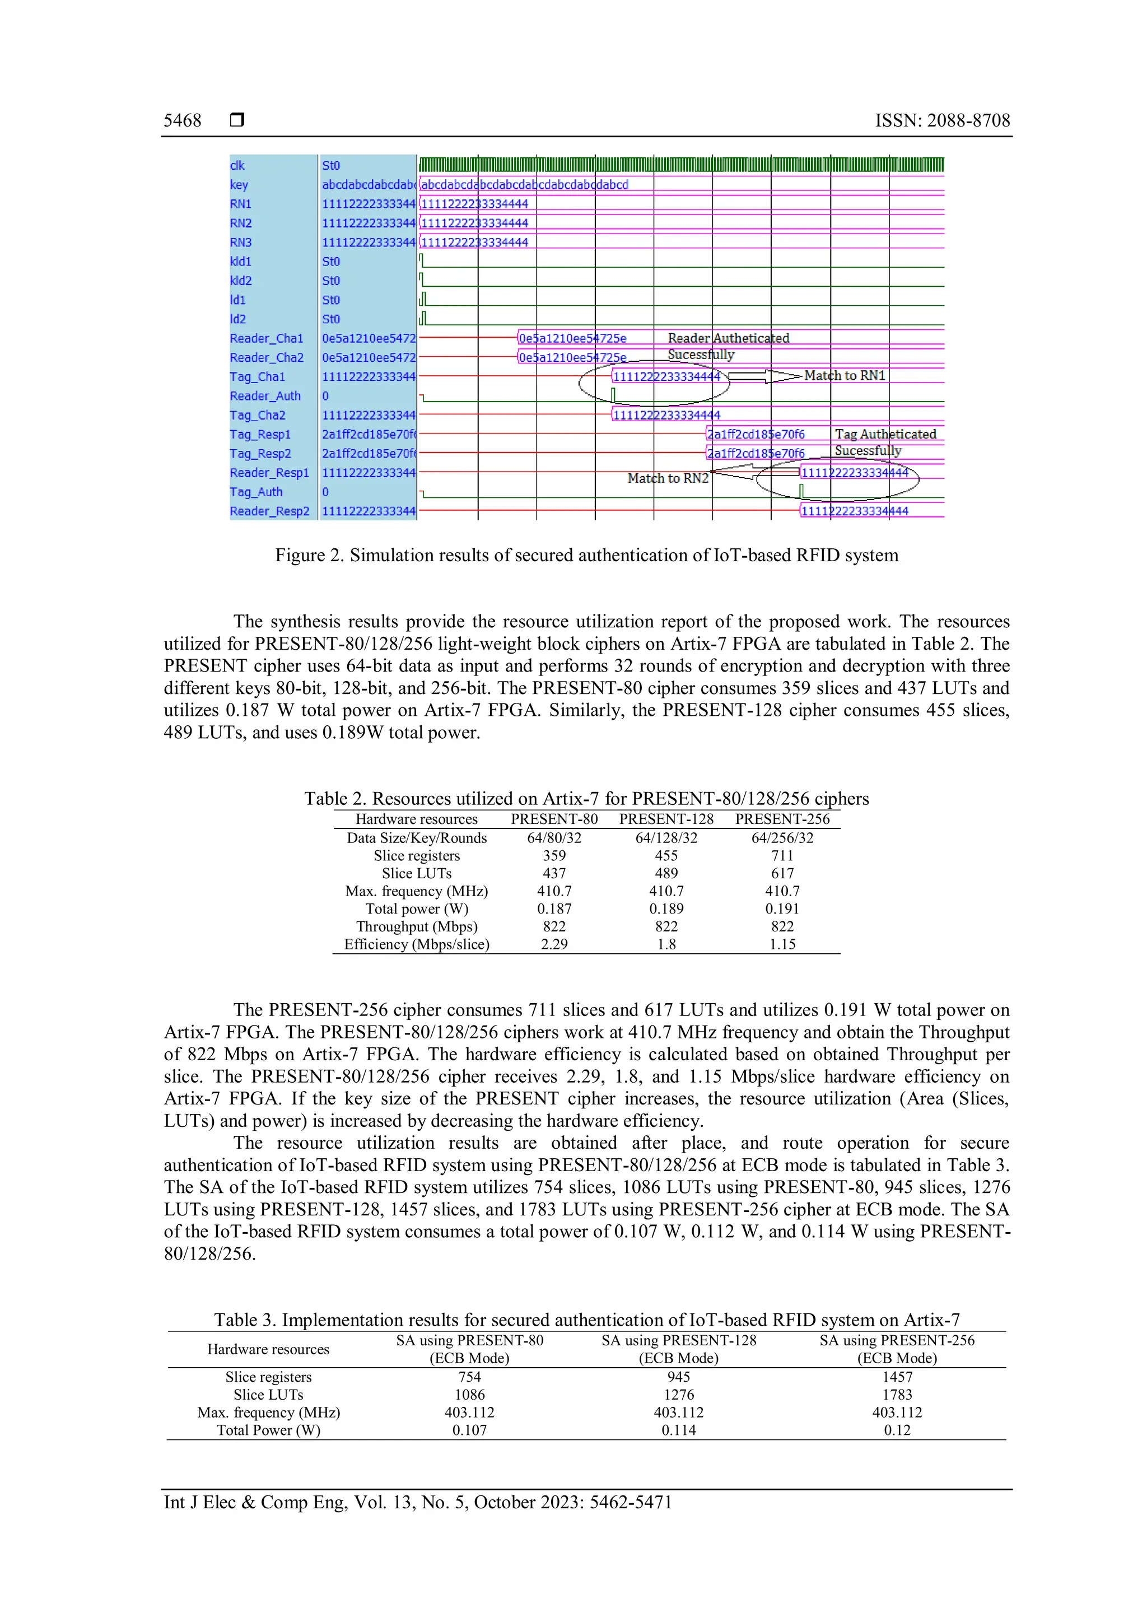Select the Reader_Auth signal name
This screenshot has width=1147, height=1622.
tap(265, 397)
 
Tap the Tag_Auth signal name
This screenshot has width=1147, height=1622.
tap(256, 492)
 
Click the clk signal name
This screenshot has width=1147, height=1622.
tap(237, 166)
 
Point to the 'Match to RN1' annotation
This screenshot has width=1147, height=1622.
tap(844, 376)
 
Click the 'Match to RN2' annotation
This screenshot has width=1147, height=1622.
tap(668, 478)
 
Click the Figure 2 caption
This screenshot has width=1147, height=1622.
tap(586, 555)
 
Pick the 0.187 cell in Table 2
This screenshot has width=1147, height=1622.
tap(554, 909)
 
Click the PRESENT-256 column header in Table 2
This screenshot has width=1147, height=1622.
tap(782, 819)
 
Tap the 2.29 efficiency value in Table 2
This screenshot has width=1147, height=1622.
tap(554, 944)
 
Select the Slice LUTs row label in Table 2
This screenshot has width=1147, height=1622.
tap(416, 874)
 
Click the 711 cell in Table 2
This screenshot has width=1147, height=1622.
tap(782, 856)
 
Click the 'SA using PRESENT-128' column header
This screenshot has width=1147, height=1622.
tap(678, 1341)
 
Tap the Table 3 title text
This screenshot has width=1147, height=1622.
tap(586, 1320)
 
